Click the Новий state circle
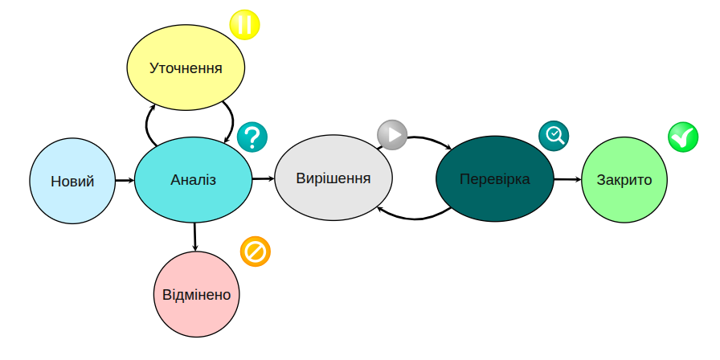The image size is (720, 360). point(72,181)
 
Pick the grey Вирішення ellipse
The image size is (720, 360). point(333,178)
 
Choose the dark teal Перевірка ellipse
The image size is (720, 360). point(495,178)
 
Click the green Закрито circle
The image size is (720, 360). point(624,180)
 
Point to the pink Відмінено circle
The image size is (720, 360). point(195,294)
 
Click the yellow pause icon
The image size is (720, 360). point(245,24)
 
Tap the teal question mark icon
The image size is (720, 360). point(252,137)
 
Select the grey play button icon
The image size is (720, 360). point(393,135)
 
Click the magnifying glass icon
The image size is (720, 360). point(554,136)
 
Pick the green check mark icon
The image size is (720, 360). point(683,137)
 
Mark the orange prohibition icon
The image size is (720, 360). point(256,252)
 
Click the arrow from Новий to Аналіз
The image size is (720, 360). point(125,180)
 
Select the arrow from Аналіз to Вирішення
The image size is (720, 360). point(264,178)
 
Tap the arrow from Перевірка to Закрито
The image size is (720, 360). point(567,179)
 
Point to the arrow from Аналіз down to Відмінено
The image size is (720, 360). point(195,236)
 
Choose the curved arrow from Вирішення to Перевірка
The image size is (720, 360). point(426,139)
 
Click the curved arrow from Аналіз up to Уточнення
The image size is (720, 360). point(148,125)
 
